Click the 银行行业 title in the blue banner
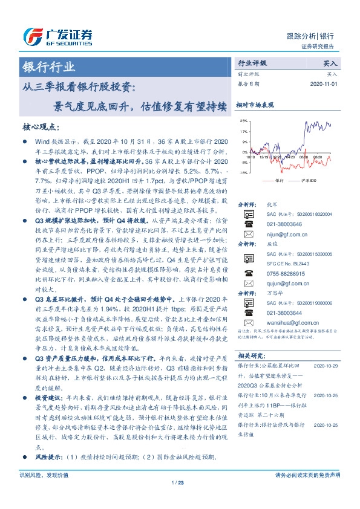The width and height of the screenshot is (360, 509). click(x=48, y=66)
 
